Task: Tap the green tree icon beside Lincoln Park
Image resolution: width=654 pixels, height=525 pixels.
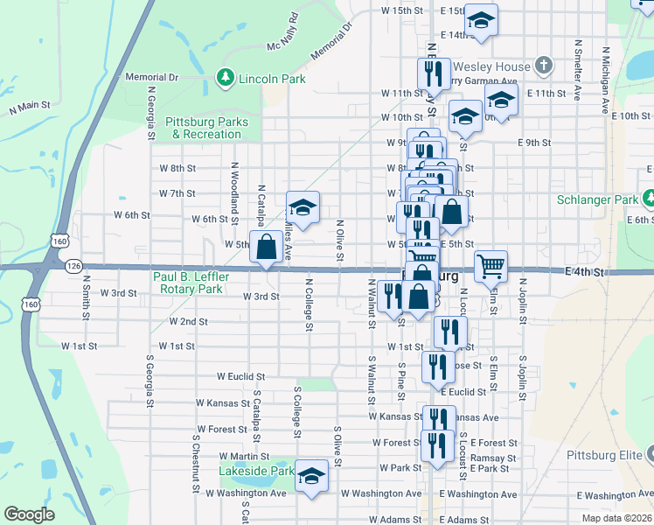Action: (225, 79)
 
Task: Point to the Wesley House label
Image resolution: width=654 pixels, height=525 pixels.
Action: (499, 66)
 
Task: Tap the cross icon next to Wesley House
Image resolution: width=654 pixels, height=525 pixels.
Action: (544, 66)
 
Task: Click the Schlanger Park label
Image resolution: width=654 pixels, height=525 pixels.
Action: (598, 199)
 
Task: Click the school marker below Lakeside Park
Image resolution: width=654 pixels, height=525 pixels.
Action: (310, 477)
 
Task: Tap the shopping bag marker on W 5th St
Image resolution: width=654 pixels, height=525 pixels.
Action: (266, 248)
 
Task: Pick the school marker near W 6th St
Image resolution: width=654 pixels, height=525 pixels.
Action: (302, 208)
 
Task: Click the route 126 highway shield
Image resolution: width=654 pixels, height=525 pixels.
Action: (73, 265)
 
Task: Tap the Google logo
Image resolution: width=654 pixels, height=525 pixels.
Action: (30, 514)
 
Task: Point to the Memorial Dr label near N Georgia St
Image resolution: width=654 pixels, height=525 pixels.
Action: (151, 77)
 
